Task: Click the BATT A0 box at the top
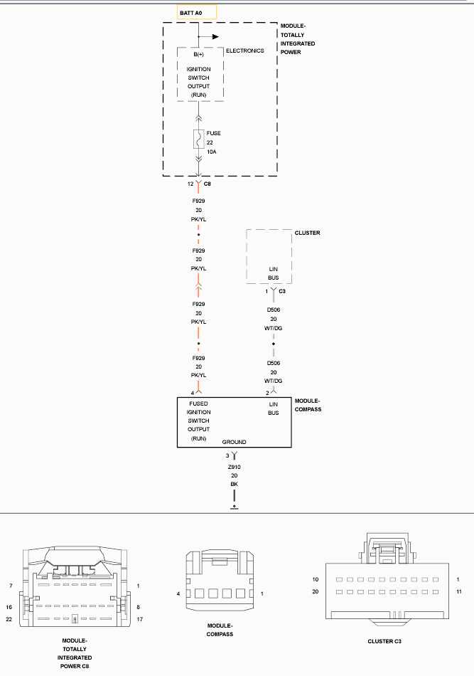197,13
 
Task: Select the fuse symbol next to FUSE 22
198,139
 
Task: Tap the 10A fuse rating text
211,152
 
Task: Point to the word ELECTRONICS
245,51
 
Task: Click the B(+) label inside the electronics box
198,54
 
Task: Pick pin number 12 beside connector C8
190,184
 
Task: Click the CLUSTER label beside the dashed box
308,233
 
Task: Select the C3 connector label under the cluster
282,292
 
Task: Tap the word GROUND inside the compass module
235,442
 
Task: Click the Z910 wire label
235,467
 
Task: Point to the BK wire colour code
235,484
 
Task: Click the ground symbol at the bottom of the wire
235,507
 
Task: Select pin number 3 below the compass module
227,455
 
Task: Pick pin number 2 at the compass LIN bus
267,393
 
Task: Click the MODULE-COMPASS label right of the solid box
308,405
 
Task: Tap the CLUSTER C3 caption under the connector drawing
384,641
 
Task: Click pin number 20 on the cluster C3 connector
316,591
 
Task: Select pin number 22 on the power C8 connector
9,619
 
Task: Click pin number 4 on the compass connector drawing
178,593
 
